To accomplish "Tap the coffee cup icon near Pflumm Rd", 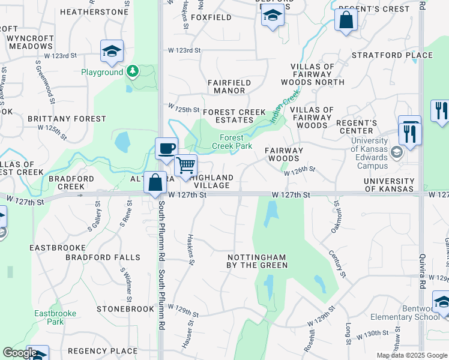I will pos(166,147).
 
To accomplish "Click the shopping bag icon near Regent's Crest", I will pos(346,20).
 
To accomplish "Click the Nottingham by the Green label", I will pos(257,260).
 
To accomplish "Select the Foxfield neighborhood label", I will pos(211,18).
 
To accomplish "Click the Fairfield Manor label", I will pos(226,86).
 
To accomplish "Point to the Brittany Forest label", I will pos(67,119).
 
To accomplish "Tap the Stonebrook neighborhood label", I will pos(125,309).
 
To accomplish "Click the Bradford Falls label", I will pos(103,257).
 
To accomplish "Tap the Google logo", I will pos(20,353).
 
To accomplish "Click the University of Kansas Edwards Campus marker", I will pos(396,152).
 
